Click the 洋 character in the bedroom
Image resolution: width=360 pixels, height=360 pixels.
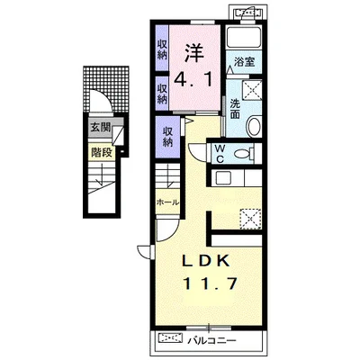point(193,53)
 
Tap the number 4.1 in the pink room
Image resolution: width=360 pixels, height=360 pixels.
point(193,79)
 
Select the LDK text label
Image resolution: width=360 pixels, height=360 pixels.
point(206,261)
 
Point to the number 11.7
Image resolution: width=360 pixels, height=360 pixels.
point(211,283)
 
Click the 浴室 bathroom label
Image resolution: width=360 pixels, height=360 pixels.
point(245,62)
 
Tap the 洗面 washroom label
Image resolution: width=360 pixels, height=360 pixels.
point(235,109)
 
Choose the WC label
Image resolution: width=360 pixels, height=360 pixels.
point(220,154)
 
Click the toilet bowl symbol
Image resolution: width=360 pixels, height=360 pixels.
point(242,154)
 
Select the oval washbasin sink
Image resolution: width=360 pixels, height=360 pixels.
point(254,126)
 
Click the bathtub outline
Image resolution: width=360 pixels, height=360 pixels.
point(244,37)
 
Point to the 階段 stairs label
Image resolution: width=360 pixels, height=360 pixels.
point(102,153)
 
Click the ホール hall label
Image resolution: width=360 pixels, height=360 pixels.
point(167,202)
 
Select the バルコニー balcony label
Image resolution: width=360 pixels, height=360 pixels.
point(212,340)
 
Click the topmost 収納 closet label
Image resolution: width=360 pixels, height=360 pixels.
point(162,49)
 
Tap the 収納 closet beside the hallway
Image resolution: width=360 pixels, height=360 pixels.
point(168,137)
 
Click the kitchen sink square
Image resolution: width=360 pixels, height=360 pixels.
point(223,178)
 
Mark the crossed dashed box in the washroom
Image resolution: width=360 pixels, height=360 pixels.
point(251,90)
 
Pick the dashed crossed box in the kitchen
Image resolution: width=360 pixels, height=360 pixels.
point(250,219)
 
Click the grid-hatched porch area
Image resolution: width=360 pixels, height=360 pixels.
point(106,87)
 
